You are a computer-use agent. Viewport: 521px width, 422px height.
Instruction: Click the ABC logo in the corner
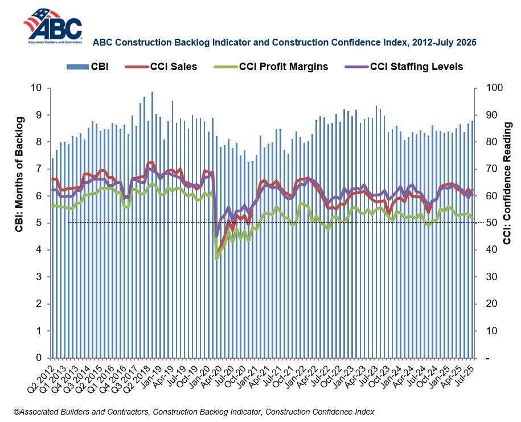[x=52, y=26]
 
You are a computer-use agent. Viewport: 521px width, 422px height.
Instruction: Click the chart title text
[x=284, y=42]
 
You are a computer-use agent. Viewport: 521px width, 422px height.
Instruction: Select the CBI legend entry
[x=88, y=67]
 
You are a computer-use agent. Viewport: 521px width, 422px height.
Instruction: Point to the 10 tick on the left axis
[x=37, y=88]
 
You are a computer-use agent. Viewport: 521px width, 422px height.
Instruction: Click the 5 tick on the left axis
[x=39, y=223]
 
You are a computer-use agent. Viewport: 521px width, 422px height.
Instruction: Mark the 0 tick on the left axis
[x=39, y=358]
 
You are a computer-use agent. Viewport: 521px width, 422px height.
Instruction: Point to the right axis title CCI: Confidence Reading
[x=508, y=182]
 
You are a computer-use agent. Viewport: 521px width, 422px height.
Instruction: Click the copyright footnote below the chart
[x=194, y=411]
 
